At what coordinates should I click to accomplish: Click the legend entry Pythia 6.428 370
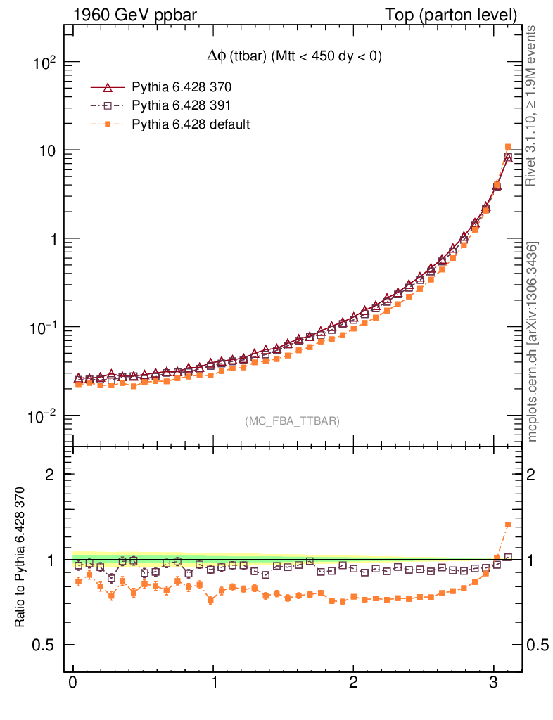click(182, 88)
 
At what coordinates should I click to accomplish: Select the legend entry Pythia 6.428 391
click(182, 106)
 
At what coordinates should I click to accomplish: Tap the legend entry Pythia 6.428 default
click(191, 124)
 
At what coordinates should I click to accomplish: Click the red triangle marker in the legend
click(108, 88)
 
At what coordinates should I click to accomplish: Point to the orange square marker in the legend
click(108, 124)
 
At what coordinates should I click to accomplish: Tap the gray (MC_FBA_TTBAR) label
click(292, 421)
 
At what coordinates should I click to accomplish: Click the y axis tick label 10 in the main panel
click(47, 151)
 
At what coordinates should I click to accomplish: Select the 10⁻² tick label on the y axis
click(42, 416)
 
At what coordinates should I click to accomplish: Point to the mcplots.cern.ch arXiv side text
click(533, 342)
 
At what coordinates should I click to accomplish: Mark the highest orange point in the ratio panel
click(508, 525)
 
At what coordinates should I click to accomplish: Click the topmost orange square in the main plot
click(508, 147)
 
